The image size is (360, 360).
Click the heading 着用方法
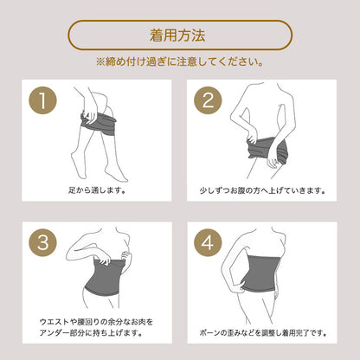pos(177,35)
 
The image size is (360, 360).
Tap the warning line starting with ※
pos(179,61)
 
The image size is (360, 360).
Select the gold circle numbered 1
pos(42,100)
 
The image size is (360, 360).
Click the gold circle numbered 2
pos(208,100)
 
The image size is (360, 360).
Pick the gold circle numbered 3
pos(42,242)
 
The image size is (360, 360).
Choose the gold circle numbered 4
pos(208,242)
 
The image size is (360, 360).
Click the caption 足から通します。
pos(97,190)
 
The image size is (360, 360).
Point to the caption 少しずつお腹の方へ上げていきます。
pos(262,190)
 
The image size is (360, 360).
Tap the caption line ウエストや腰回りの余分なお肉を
pos(96,322)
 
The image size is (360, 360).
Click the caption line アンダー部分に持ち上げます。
pos(91,333)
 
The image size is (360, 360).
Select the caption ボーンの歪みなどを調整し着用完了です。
pos(262,333)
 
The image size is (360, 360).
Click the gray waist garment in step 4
pos(260,273)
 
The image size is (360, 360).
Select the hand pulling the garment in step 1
pos(90,114)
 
